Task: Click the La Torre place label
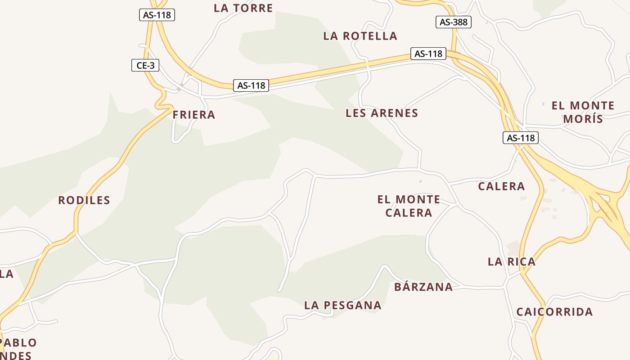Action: [243, 8]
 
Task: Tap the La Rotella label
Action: [360, 36]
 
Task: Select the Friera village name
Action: [194, 115]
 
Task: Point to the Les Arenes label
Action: [382, 113]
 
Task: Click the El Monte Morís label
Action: [583, 112]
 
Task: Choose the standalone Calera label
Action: [501, 186]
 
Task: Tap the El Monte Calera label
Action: [409, 206]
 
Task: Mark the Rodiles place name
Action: [84, 200]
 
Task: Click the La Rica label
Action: [512, 261]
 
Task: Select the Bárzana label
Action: [423, 287]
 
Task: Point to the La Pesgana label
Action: [343, 305]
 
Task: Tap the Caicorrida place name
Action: [554, 312]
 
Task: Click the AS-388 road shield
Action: [454, 22]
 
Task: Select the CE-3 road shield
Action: [145, 65]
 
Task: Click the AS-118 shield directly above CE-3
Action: [157, 15]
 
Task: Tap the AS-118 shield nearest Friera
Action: [251, 85]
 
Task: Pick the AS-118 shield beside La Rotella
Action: [428, 54]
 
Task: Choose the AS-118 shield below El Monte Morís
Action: [521, 138]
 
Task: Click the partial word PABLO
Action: [19, 342]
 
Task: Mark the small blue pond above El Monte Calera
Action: [420, 181]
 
